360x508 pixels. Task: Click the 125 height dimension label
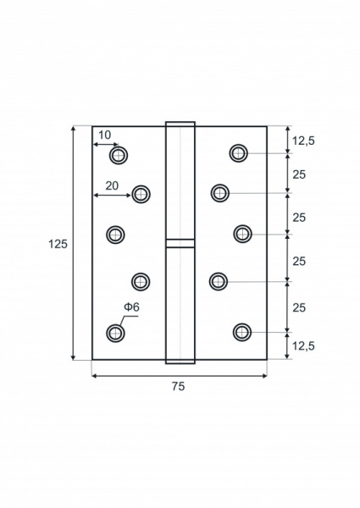[x=58, y=244]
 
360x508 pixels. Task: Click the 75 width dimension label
[x=178, y=386]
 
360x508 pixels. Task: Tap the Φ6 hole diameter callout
[x=131, y=306]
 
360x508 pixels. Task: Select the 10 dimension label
[x=105, y=135]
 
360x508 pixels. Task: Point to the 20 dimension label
[x=112, y=185]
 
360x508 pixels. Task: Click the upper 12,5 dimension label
[x=303, y=141]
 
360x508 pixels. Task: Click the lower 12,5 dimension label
[x=303, y=346]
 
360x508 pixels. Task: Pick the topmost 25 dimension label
[x=299, y=174]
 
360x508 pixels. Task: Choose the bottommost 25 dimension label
[x=299, y=307]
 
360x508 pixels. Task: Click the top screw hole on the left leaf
[x=119, y=156]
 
